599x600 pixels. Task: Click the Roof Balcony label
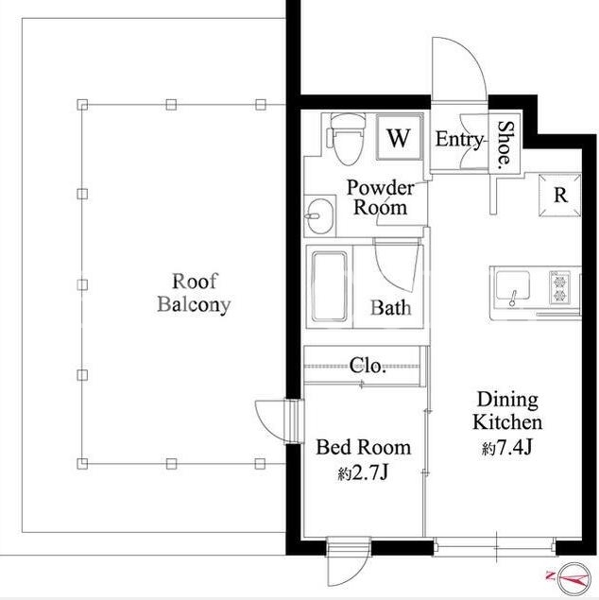(x=194, y=293)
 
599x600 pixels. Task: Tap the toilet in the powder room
(x=346, y=139)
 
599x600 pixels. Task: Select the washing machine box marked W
(x=400, y=138)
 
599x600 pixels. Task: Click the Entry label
(x=459, y=139)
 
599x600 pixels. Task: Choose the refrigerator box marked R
(x=560, y=196)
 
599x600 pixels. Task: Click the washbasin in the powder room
(x=319, y=215)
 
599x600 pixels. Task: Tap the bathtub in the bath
(x=329, y=286)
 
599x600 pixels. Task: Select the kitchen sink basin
(x=513, y=285)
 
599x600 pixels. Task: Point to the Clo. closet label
(x=368, y=366)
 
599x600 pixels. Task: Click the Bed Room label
(x=364, y=447)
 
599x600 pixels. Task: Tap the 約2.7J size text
(x=364, y=473)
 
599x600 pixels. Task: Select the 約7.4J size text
(x=507, y=448)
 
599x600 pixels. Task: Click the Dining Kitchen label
(x=507, y=411)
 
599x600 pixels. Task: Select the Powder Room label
(x=380, y=197)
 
